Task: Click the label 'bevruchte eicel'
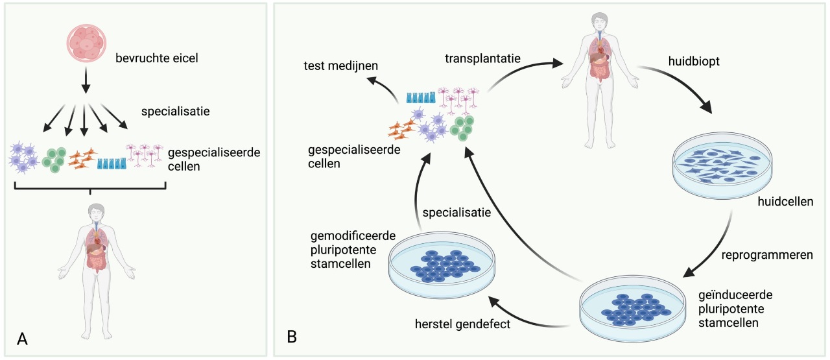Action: click(x=156, y=58)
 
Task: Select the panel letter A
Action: click(x=23, y=339)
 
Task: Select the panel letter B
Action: click(x=292, y=337)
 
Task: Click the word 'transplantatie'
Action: click(x=482, y=58)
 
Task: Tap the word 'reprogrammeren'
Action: click(x=767, y=254)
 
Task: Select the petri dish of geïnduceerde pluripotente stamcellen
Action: click(x=632, y=309)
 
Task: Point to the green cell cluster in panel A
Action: click(x=55, y=160)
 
